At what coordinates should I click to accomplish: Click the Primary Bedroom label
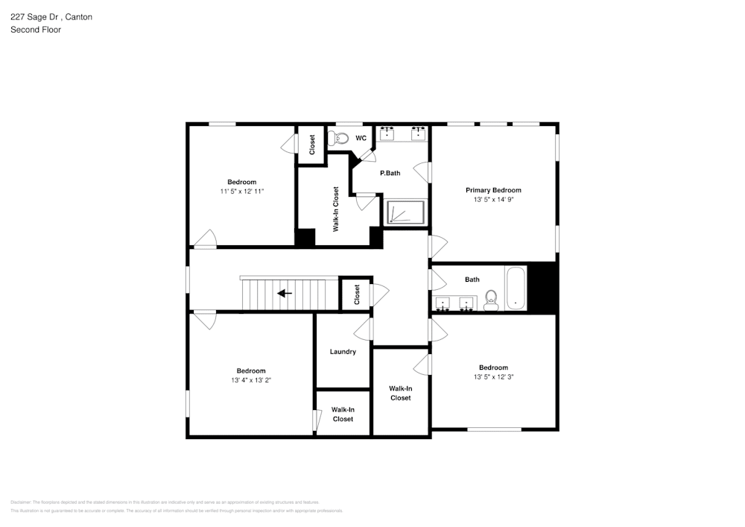493,190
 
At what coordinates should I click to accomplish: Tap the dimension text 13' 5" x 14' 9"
493,200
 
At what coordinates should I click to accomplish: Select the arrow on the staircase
285,293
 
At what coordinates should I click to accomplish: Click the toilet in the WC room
340,138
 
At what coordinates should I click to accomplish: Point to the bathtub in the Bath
516,288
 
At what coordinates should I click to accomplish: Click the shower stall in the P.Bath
405,212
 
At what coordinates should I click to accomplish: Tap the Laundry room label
343,352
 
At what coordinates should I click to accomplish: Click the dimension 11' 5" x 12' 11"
241,192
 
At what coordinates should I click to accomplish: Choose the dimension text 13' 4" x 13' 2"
251,380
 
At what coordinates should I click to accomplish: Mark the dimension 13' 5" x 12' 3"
493,377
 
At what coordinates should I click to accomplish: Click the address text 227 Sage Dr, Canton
51,17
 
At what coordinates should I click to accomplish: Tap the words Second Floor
36,30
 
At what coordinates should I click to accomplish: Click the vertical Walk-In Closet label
336,209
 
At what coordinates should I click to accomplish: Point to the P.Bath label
390,173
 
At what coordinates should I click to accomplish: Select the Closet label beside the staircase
357,294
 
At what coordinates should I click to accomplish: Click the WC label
361,139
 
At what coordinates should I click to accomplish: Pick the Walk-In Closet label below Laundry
343,414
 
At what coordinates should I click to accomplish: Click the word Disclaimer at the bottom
21,502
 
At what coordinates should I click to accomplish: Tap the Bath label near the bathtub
472,280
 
